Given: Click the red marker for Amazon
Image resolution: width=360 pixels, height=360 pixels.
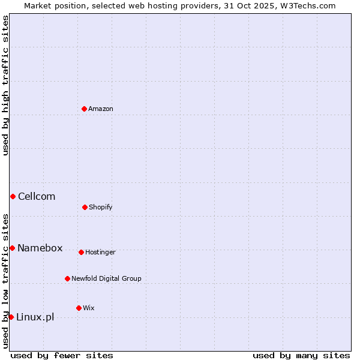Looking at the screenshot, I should [x=84, y=109].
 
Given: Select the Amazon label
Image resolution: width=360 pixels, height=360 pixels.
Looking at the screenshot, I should [x=101, y=109].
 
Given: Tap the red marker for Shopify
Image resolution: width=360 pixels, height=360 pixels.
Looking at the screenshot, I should [x=85, y=207].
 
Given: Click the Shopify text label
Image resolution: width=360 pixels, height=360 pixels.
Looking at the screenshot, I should [x=101, y=208].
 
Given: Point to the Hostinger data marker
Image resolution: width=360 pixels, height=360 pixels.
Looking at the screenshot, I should [x=81, y=252].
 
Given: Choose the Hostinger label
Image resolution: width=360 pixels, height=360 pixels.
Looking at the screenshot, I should [x=100, y=253].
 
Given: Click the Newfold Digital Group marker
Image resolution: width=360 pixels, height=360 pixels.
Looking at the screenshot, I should [x=67, y=278].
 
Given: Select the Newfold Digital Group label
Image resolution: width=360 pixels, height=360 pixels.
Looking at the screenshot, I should [x=106, y=278].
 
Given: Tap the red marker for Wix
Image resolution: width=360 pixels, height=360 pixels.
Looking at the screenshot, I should [x=79, y=308].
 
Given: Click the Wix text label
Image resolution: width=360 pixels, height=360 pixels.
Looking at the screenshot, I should [x=89, y=308].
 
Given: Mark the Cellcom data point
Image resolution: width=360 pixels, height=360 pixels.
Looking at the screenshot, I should [x=13, y=196].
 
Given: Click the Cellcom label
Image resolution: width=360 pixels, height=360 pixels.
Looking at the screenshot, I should [x=37, y=197].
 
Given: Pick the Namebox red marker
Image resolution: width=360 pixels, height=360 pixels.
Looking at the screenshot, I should [x=12, y=248].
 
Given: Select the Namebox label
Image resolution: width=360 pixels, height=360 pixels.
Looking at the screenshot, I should [x=40, y=248].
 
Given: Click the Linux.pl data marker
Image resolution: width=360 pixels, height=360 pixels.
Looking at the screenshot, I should [x=11, y=317].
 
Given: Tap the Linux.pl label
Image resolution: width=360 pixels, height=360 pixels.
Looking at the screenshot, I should [x=35, y=317].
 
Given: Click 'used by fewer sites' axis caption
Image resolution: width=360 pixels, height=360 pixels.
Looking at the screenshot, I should [x=62, y=355].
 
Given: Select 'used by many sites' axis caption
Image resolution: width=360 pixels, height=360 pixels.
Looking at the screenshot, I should [x=301, y=355].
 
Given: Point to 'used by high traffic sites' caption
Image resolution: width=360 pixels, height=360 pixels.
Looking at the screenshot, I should [x=5, y=85].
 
